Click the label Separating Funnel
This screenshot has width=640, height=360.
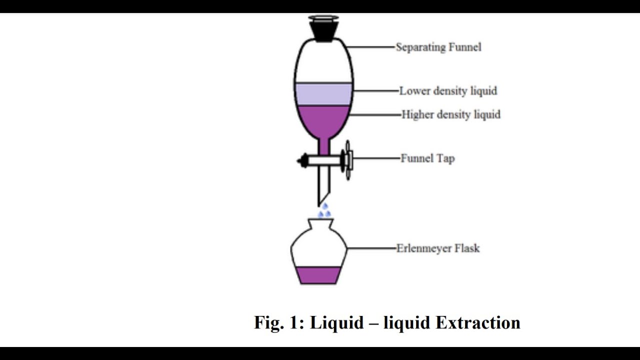coord(438,47)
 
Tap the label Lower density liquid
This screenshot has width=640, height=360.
coord(448,91)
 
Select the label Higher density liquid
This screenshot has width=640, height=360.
coord(451,114)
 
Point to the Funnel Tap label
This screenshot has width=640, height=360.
coord(427,158)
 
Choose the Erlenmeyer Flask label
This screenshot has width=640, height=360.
coord(438,248)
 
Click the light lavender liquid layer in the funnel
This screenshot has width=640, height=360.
coord(323,94)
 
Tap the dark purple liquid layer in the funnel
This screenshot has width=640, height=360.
coord(323,120)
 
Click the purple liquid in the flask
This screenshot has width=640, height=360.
coord(318,275)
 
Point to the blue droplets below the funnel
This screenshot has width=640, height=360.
coord(324,210)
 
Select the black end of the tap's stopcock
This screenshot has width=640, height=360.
coord(302,160)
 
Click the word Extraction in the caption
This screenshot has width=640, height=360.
coord(478,322)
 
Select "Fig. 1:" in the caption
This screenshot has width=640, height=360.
coord(279,322)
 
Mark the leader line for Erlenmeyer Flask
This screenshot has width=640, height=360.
coord(371,248)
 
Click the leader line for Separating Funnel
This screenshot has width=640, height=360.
coord(370,47)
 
